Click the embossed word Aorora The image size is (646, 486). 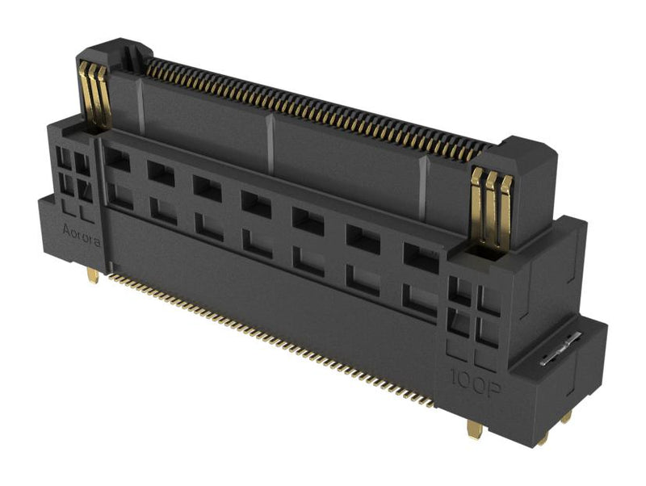tap(82, 231)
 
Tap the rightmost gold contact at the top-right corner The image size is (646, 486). tap(504, 208)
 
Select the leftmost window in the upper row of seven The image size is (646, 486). tap(117, 159)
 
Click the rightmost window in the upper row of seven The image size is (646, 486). tap(420, 256)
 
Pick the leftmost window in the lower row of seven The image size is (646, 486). tap(120, 195)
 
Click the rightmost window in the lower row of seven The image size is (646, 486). tap(419, 300)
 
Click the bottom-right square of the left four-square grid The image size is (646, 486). tap(84, 191)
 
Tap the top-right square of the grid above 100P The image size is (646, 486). tap(488, 300)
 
